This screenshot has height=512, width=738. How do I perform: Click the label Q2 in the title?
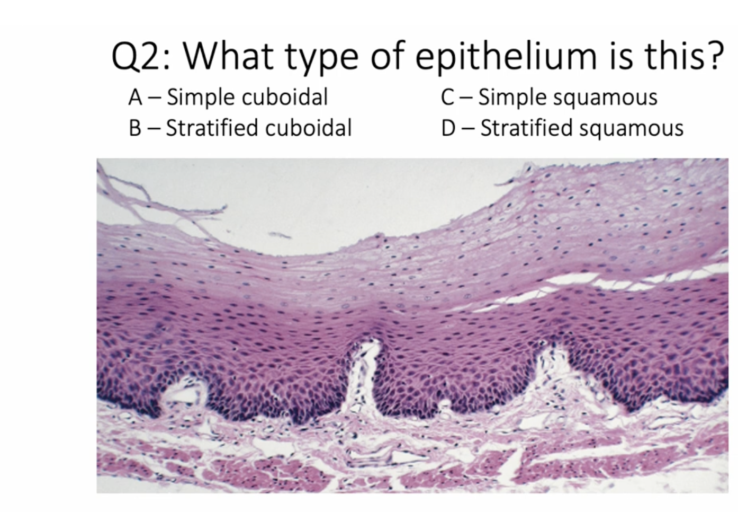pyautogui.click(x=137, y=56)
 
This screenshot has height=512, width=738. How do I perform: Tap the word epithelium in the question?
pyautogui.click(x=505, y=56)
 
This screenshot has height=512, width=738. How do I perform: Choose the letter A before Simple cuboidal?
pyautogui.click(x=135, y=97)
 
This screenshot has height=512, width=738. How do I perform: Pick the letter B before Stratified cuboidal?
pyautogui.click(x=135, y=128)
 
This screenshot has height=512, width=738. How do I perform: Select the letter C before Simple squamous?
pyautogui.click(x=447, y=97)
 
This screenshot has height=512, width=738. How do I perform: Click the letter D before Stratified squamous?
pyautogui.click(x=448, y=128)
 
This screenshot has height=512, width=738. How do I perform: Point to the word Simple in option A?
pyautogui.click(x=199, y=98)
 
